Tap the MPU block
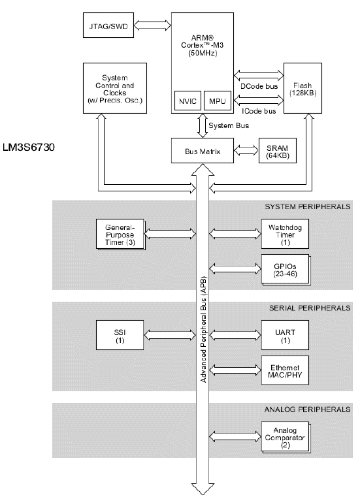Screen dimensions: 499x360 tap(216, 102)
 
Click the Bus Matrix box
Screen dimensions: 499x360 tap(202, 152)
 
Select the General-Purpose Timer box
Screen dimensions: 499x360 tap(119, 234)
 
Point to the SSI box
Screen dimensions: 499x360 tap(119, 336)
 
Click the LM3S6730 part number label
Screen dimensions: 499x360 tap(29, 149)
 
